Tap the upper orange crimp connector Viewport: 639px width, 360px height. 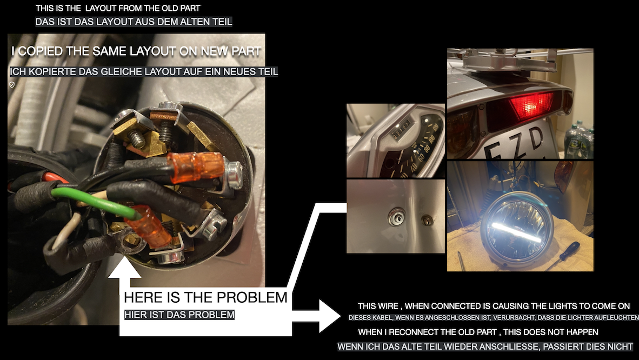point(196,166)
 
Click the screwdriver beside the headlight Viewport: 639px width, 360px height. point(564,255)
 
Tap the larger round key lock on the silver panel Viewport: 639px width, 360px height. point(396,217)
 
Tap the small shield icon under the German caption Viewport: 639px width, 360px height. point(12,85)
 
